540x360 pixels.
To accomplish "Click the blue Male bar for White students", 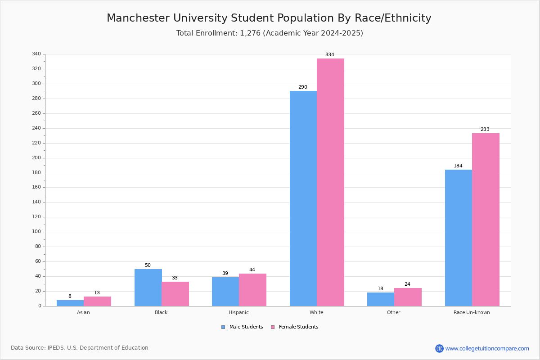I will coord(303,198).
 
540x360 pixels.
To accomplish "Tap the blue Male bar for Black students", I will coord(148,288).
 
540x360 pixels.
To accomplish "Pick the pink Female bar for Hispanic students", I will coord(252,290).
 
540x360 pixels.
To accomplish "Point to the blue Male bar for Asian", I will coord(70,303).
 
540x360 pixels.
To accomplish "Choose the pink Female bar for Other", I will coord(408,297).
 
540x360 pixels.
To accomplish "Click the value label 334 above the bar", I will coord(330,55).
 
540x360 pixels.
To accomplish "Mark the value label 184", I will coord(458,166).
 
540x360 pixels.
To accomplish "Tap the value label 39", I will coord(225,274).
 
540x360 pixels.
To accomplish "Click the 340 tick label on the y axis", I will coord(36,54).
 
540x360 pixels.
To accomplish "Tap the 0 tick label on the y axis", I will coord(40,306).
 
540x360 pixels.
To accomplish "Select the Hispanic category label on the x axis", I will coord(238,312).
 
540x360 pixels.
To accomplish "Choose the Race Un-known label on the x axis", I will coord(472,312).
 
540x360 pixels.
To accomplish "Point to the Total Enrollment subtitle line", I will coord(270,33).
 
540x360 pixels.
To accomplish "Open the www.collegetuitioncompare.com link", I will coord(487,348).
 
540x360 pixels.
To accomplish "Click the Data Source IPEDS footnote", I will coord(80,348).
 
